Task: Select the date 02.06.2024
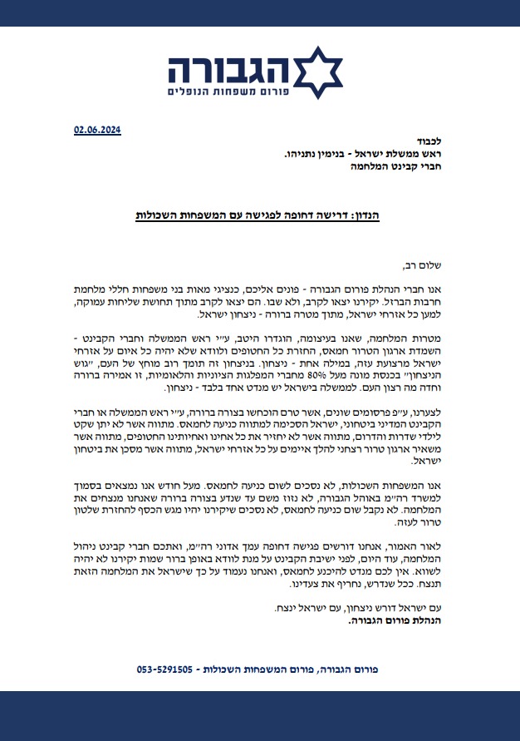coord(97,130)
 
